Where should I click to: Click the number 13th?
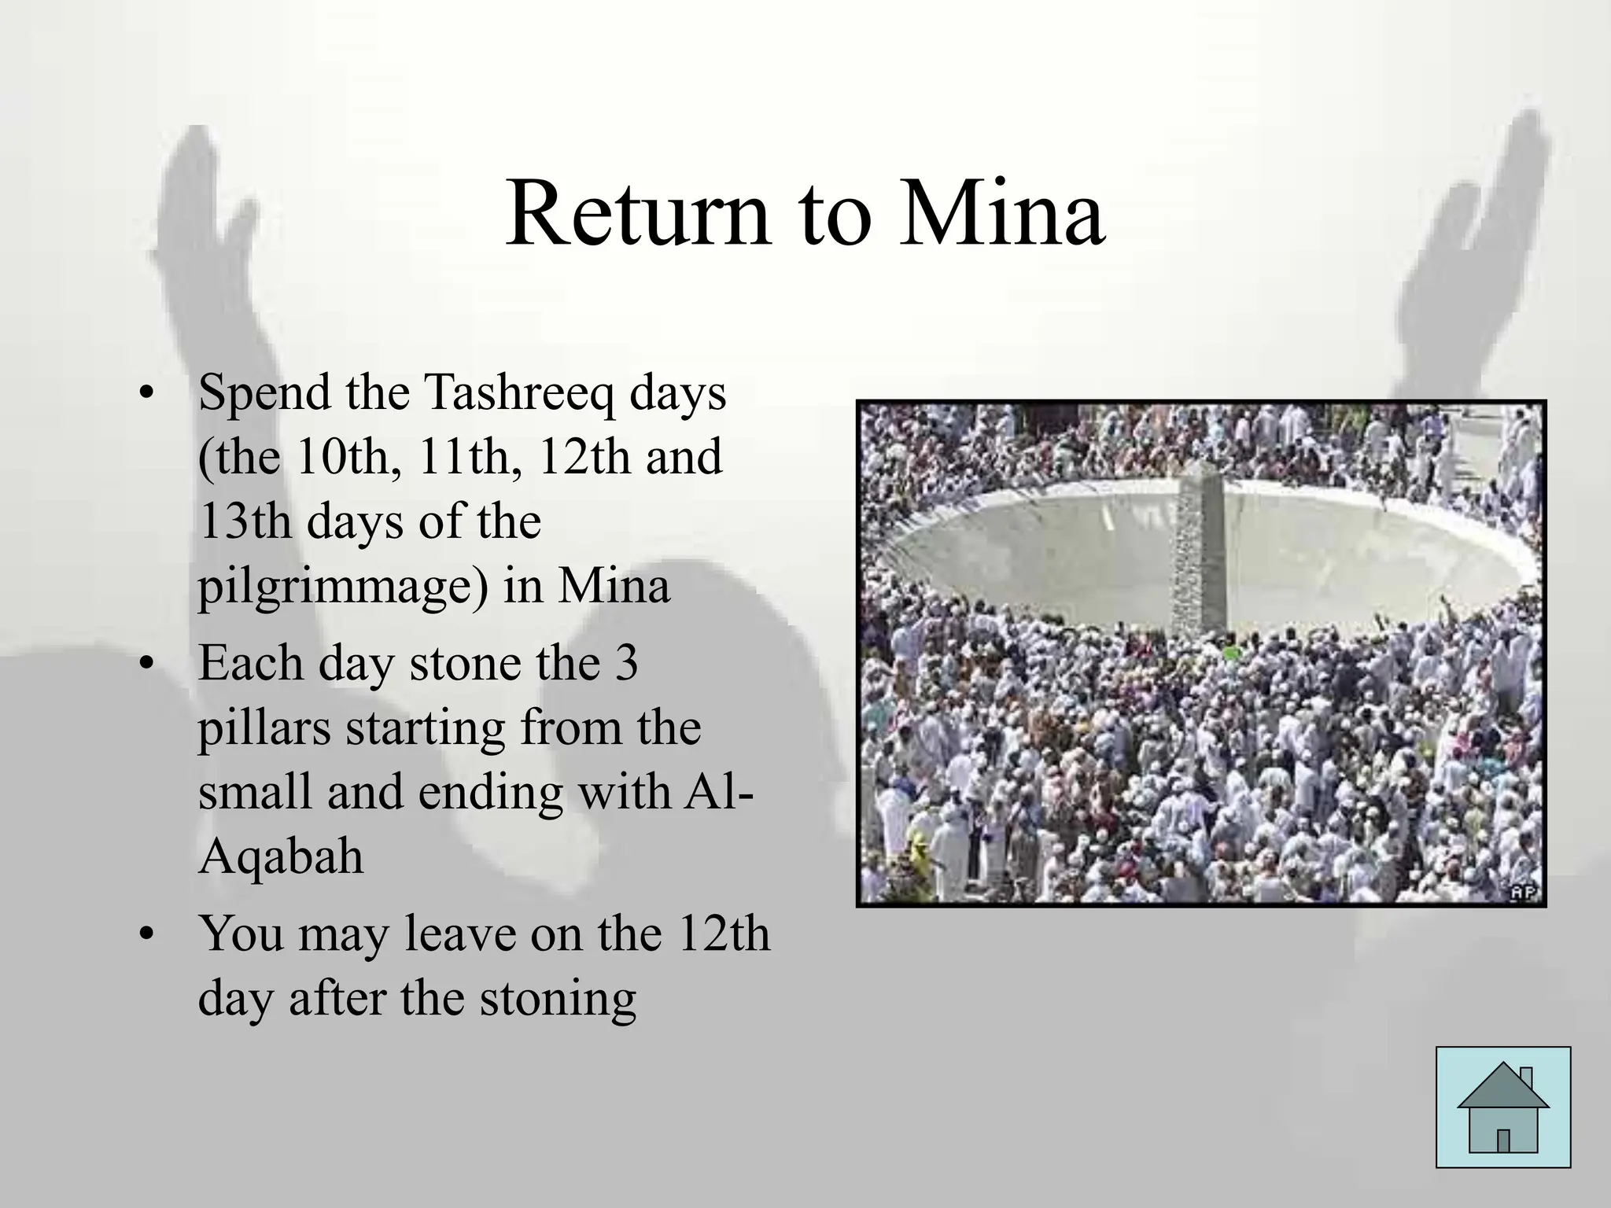pyautogui.click(x=245, y=521)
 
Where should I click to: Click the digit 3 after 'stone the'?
pyautogui.click(x=626, y=663)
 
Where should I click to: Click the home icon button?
pyautogui.click(x=1502, y=1107)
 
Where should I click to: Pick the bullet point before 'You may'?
pyautogui.click(x=144, y=936)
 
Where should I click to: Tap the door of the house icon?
pyautogui.click(x=1503, y=1140)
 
